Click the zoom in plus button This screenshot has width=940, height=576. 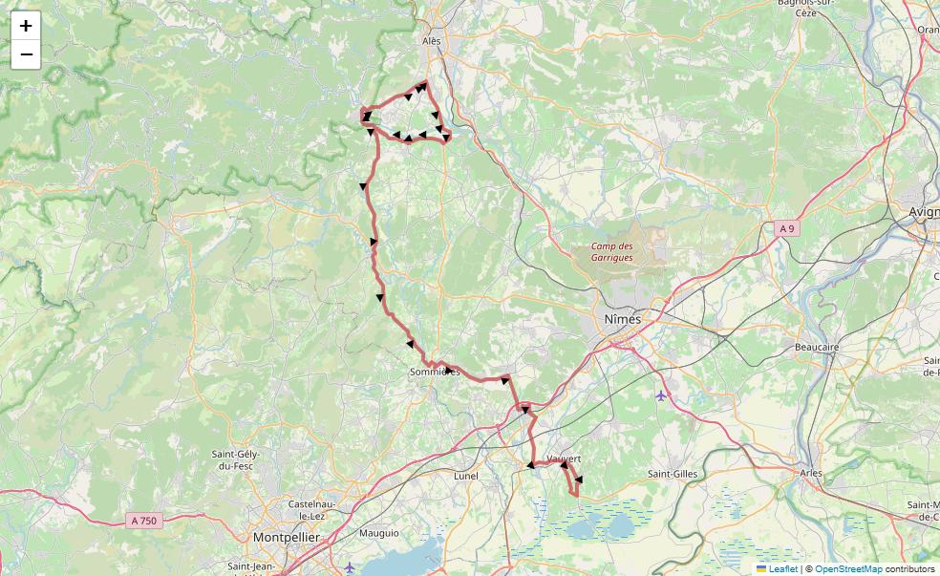26,26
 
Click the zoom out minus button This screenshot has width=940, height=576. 26,54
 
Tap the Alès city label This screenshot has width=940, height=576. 432,42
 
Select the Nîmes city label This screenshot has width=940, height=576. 623,319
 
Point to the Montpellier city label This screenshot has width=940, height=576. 286,538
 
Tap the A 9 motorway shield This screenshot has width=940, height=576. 786,229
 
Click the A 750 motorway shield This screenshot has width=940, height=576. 143,521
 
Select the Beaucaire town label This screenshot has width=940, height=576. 817,348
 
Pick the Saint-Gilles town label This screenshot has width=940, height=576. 673,474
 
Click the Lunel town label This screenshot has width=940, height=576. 466,476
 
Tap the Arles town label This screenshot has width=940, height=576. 811,473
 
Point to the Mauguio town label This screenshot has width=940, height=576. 379,533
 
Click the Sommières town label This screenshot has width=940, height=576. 434,372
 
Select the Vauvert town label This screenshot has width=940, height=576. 565,459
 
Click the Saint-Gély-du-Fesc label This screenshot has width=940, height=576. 236,460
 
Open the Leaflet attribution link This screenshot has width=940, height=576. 782,569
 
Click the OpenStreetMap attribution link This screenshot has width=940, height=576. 848,569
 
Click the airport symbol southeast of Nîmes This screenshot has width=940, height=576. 661,395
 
